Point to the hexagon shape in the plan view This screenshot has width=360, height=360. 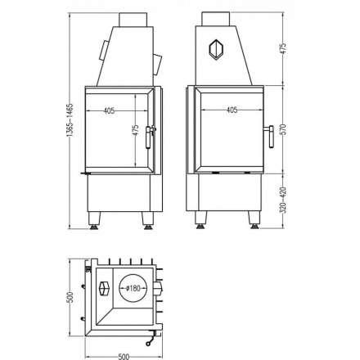pos(104,289)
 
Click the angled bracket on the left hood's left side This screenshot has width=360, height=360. pos(103,51)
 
